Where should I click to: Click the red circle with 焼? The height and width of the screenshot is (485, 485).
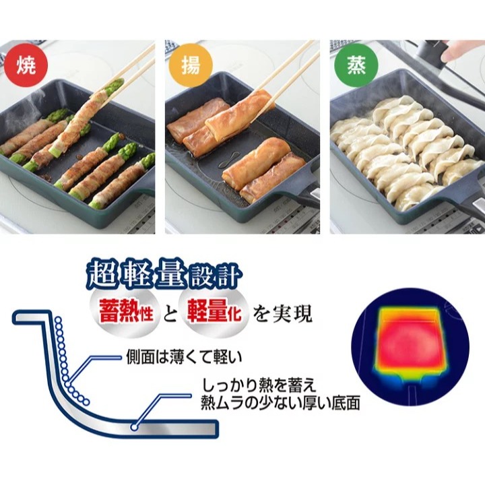tap(26, 65)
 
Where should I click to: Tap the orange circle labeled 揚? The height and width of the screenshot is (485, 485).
tap(191, 65)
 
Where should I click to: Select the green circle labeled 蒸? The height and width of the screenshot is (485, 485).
tap(356, 65)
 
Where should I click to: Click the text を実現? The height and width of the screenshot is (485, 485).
tap(282, 314)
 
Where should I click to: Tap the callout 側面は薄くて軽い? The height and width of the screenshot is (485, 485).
tap(184, 358)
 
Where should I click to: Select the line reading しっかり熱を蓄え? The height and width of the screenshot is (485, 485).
tap(259, 386)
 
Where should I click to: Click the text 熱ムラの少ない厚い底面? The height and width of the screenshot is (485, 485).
tap(280, 403)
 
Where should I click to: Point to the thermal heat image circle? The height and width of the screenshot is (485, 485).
tap(410, 347)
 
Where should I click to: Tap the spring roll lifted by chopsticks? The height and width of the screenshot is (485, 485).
tap(240, 110)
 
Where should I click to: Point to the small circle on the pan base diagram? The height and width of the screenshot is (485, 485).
tap(133, 427)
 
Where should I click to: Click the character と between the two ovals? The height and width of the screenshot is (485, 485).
tap(170, 314)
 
